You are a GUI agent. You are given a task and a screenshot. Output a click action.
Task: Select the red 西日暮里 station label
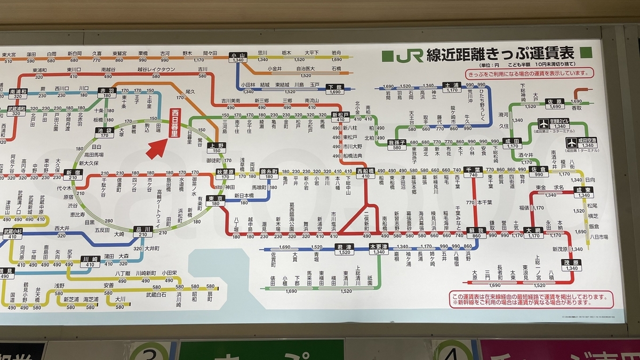[x=174, y=123]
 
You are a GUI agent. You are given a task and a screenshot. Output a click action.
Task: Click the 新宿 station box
[x=73, y=174]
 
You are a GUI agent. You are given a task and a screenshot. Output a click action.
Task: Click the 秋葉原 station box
[x=225, y=174]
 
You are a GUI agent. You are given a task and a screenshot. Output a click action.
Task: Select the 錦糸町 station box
[x=269, y=174]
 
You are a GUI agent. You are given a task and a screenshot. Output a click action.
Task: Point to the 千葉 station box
[x=473, y=172]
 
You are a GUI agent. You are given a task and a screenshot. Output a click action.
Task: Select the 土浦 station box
[x=452, y=87]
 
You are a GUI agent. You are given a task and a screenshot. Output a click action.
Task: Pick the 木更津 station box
[x=379, y=249]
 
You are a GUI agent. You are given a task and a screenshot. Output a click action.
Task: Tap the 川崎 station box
[x=90, y=261]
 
